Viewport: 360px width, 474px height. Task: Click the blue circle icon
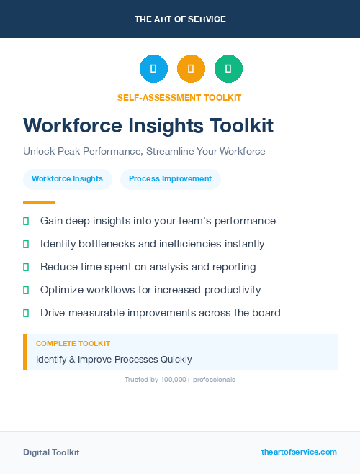153,69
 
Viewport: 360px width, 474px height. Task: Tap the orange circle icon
191,69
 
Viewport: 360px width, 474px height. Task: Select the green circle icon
228,69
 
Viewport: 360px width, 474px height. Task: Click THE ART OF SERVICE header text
180,19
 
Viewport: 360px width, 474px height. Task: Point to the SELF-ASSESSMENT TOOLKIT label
179,97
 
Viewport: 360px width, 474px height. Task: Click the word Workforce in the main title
67,126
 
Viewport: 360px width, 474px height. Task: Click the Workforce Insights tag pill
67,178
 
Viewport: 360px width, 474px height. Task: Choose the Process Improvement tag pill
170,178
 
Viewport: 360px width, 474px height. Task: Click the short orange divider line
39,202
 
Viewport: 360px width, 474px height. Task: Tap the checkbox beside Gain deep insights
26,221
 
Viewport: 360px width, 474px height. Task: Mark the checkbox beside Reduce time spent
26,267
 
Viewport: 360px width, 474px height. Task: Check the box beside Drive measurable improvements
26,313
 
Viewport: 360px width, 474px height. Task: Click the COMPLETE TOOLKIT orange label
73,344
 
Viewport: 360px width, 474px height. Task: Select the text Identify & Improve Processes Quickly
114,359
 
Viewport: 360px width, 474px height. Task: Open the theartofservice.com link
299,452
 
